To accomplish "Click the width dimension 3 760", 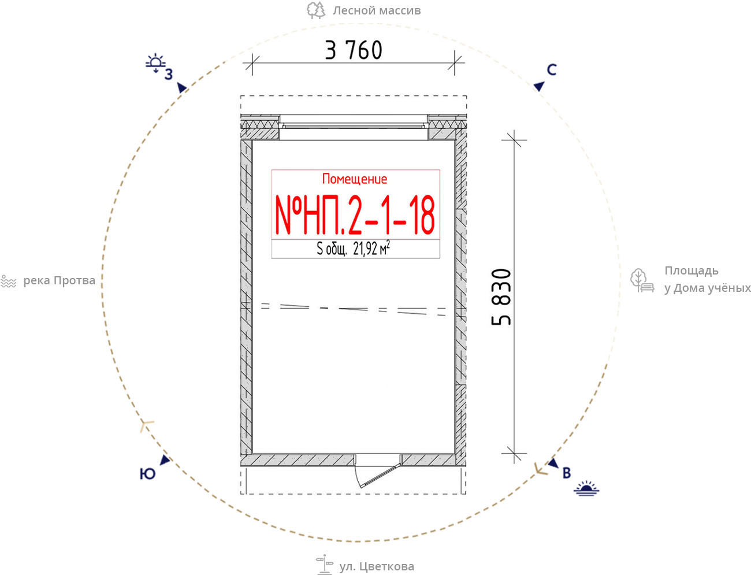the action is point(354,50).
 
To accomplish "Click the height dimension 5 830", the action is point(501,296).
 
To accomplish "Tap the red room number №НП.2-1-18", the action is point(355,214).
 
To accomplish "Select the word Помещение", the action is point(355,179).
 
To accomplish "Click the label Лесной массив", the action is point(377,10).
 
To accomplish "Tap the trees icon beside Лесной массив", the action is point(316,10).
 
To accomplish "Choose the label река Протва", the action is point(59,281).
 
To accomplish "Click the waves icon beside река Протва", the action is point(9,281).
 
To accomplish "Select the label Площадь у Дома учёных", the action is point(708,279).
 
